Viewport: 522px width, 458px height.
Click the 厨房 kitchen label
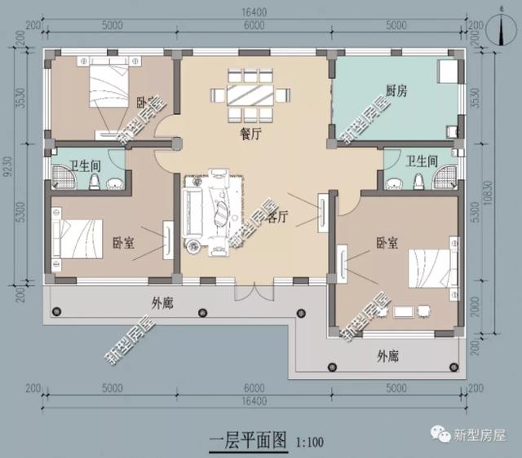coord(396,91)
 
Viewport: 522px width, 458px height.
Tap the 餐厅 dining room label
coord(250,136)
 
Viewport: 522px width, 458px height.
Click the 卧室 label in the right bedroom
coord(387,243)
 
